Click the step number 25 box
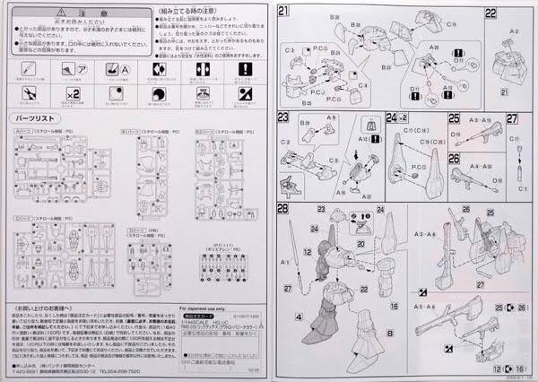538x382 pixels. pyautogui.click(x=455, y=117)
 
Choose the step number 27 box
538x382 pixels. pyautogui.click(x=512, y=117)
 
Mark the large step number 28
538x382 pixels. pyautogui.click(x=286, y=209)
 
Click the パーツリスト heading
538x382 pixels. pyautogui.click(x=37, y=118)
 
